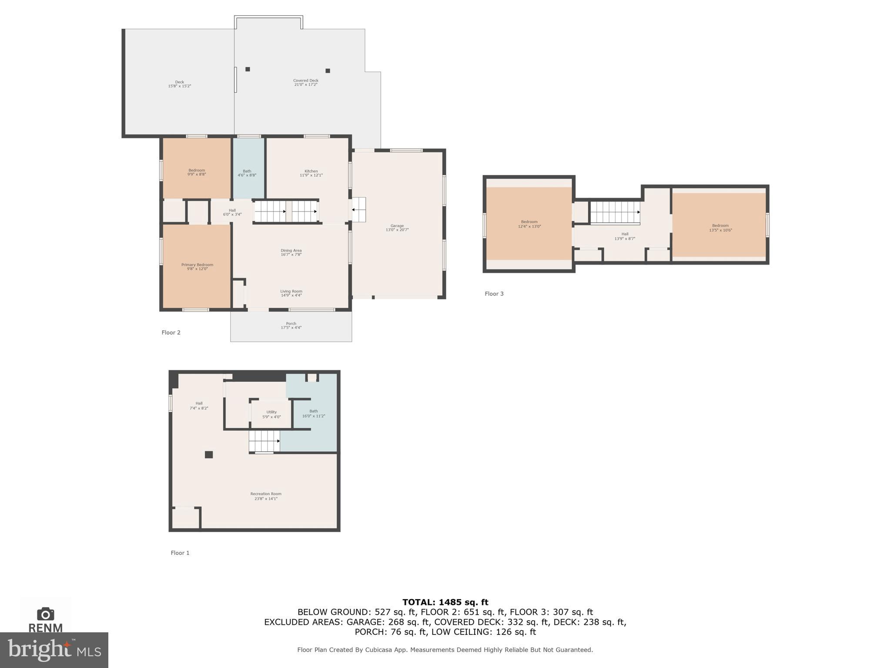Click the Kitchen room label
[311, 173]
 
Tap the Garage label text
[397, 228]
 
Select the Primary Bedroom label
[197, 267]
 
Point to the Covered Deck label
[305, 82]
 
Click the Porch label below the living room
[291, 326]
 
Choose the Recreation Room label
[265, 496]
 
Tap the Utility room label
[271, 414]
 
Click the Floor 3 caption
[494, 294]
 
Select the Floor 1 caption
[180, 553]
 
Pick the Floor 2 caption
[171, 332]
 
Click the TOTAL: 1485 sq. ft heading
[445, 602]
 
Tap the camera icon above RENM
[45, 614]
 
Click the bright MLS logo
[54, 650]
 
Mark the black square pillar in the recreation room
[209, 455]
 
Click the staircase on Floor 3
[615, 212]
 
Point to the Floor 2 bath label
[247, 173]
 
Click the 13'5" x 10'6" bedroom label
[720, 228]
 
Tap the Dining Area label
[291, 252]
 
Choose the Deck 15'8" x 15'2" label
[179, 84]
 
